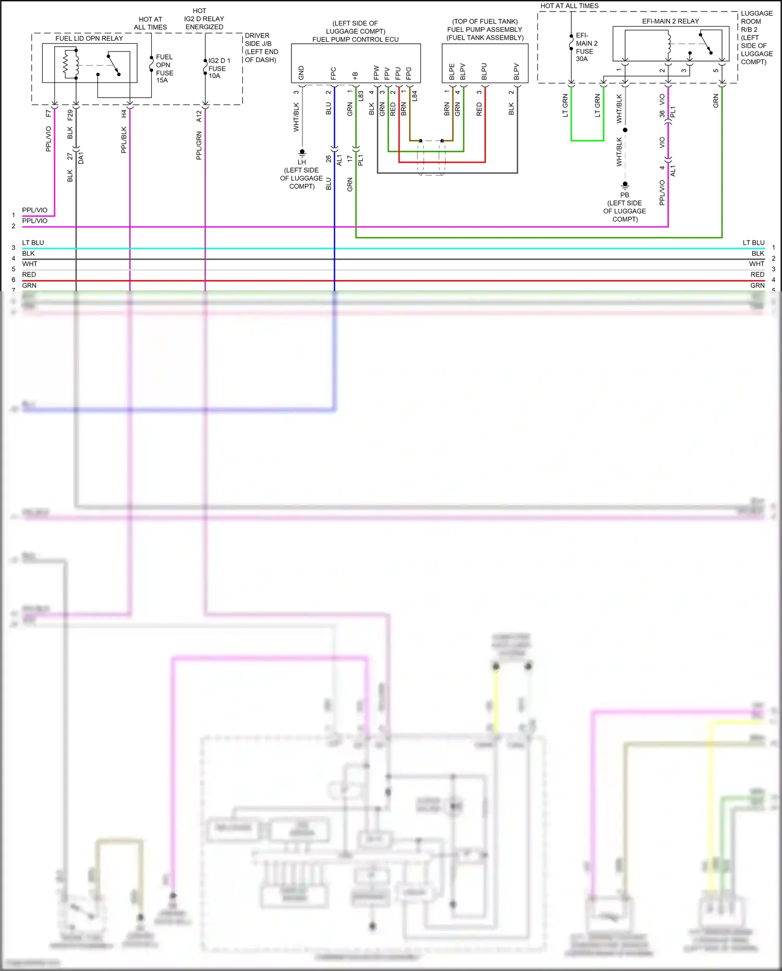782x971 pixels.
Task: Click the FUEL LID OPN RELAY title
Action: pos(89,39)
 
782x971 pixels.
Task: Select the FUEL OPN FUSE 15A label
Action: pos(164,68)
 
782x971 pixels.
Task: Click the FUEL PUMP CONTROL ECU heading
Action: pos(356,40)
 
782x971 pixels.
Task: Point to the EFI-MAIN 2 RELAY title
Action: pos(670,21)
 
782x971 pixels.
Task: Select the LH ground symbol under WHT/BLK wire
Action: pos(302,153)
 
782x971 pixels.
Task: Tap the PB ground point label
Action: pos(625,195)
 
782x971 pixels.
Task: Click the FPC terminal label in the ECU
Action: pos(333,73)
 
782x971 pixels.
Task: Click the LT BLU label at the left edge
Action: pos(33,243)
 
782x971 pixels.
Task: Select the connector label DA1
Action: pos(81,158)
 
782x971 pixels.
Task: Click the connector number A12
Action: pos(199,116)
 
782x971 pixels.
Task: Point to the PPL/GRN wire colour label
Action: pos(199,146)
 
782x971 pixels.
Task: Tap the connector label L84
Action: pos(414,96)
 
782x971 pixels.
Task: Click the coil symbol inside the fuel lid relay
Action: pos(67,64)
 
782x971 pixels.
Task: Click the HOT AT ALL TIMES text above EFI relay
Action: pos(569,6)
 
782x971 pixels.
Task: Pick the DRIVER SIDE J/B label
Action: pos(261,47)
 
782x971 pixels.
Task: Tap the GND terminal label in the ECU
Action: pos(301,73)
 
